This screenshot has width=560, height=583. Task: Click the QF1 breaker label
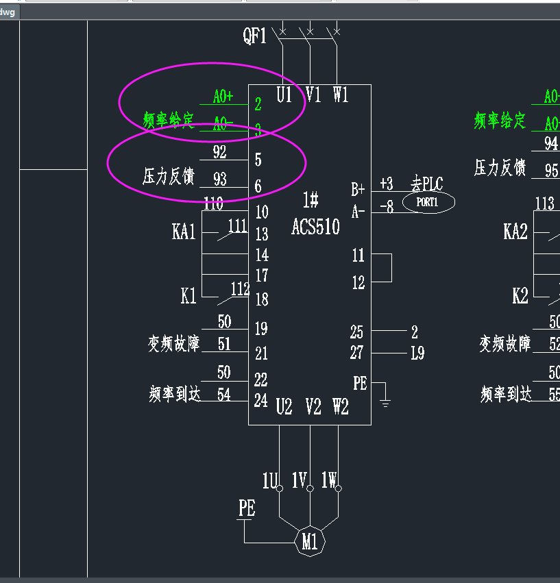pyautogui.click(x=255, y=36)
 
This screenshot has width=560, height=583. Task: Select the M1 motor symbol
pyautogui.click(x=310, y=542)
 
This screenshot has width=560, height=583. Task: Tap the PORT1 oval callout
pyautogui.click(x=428, y=203)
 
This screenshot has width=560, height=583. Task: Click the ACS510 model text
pyautogui.click(x=315, y=227)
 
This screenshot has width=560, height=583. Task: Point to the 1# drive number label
pyautogui.click(x=311, y=201)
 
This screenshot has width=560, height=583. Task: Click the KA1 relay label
pyautogui.click(x=184, y=232)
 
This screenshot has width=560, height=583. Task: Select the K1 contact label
pyautogui.click(x=188, y=296)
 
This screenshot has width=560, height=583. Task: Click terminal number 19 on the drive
pyautogui.click(x=261, y=329)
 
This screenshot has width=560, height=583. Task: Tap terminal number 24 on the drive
pyautogui.click(x=261, y=401)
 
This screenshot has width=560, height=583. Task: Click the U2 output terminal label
pyautogui.click(x=284, y=407)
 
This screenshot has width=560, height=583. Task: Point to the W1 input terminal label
pyautogui.click(x=341, y=95)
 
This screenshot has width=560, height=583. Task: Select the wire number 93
pyautogui.click(x=220, y=179)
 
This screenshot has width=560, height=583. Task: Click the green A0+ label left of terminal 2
pyautogui.click(x=223, y=97)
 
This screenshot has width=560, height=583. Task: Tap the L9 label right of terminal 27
pyautogui.click(x=417, y=353)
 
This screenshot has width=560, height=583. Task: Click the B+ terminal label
pyautogui.click(x=358, y=189)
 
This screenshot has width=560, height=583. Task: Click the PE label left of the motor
pyautogui.click(x=247, y=508)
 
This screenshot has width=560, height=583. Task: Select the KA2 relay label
pyautogui.click(x=515, y=232)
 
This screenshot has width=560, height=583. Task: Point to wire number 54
pyautogui.click(x=224, y=395)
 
